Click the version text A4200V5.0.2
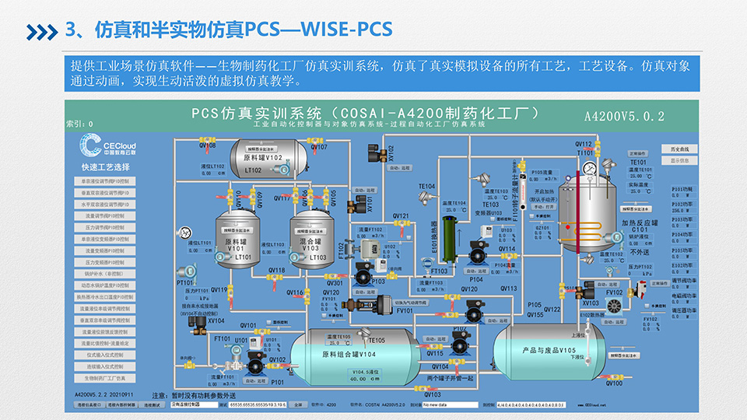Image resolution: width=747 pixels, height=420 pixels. click(624, 117)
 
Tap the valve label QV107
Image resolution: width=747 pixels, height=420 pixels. click(319, 146)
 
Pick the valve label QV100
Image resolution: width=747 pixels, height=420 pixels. click(613, 383)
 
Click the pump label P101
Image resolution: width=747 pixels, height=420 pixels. click(278, 383)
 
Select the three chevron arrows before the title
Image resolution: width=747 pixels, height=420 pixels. click(42, 30)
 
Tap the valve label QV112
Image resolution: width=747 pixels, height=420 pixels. click(584, 145)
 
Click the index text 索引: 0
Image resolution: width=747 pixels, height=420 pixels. click(79, 124)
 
